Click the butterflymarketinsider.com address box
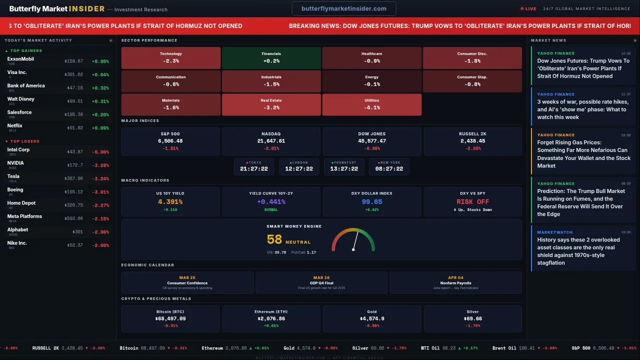[344, 8]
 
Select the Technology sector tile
[171, 57]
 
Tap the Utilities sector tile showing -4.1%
[372, 104]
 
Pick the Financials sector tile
[271, 57]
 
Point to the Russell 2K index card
[472, 141]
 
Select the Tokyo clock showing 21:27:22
[254, 166]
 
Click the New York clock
[388, 166]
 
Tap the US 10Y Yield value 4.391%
[170, 202]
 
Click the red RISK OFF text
[472, 202]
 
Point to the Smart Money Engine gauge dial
[353, 241]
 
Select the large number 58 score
[274, 240]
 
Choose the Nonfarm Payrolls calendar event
[455, 283]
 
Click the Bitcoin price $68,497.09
[170, 318]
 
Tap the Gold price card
[372, 318]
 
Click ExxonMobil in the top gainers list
[20, 59]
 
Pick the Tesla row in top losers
[57, 178]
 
